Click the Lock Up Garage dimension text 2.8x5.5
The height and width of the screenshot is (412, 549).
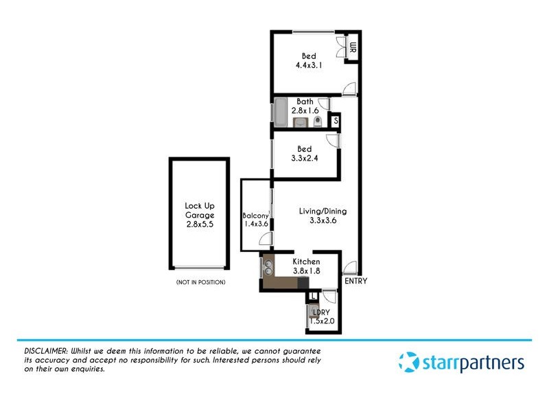(x=199, y=224)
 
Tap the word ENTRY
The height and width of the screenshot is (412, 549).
(x=355, y=281)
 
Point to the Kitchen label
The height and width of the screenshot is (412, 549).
(x=306, y=262)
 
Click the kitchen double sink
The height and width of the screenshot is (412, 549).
(x=267, y=265)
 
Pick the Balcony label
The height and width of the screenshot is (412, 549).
(x=255, y=216)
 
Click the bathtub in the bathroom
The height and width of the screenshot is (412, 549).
(x=280, y=111)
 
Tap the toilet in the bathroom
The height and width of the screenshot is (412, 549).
(x=316, y=123)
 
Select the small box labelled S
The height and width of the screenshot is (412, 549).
(x=335, y=122)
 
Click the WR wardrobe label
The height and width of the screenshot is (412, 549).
(x=353, y=47)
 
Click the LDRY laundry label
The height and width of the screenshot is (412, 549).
(x=320, y=312)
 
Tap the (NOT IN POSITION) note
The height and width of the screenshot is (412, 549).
(x=200, y=282)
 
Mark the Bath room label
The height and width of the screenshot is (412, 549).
(x=305, y=102)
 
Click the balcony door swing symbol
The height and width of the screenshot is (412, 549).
(x=266, y=239)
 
